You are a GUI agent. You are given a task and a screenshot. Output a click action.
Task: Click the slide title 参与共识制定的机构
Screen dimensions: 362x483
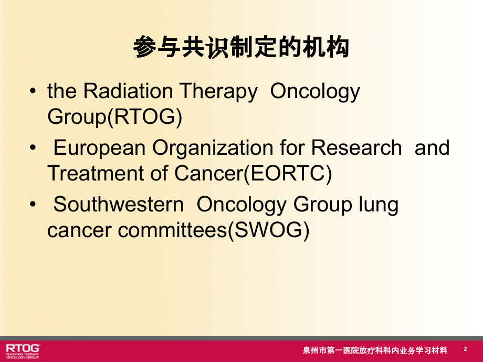click(x=241, y=49)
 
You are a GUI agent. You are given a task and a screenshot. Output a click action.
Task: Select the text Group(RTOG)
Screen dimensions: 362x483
click(x=114, y=117)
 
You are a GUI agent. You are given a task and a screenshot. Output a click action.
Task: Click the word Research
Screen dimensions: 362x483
click(x=356, y=148)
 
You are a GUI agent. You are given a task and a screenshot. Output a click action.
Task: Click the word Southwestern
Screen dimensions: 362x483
click(x=119, y=205)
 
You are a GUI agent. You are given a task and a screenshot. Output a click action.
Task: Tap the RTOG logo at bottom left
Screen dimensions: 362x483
click(x=23, y=350)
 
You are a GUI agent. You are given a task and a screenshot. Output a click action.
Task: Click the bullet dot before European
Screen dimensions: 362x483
click(x=34, y=149)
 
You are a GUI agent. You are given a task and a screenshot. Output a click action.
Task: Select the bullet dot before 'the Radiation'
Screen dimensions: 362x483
click(x=34, y=92)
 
